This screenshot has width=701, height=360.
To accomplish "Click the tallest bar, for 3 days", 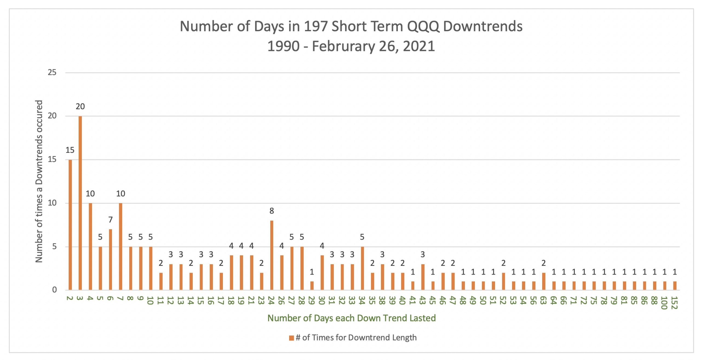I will (80, 203).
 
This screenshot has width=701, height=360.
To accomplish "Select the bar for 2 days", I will (70, 224).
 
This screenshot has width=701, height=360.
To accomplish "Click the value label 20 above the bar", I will (80, 106).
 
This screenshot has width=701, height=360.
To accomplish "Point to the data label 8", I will (271, 211).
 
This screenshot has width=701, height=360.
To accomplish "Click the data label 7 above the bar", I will (110, 220).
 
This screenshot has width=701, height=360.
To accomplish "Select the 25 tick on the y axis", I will (52, 73).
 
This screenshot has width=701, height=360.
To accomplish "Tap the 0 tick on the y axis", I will (54, 290).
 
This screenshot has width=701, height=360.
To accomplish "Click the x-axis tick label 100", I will (664, 303).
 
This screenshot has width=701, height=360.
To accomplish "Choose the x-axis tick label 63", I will (544, 300).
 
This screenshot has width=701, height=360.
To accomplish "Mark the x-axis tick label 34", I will (362, 300).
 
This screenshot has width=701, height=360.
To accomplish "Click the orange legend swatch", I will (291, 338).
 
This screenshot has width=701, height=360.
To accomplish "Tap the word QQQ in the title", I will (423, 27).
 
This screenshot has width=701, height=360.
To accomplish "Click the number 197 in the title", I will (316, 27).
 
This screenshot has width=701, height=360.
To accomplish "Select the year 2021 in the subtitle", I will (419, 46).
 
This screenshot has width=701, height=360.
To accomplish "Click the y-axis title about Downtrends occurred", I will (39, 181).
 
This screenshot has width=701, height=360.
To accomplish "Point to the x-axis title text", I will (351, 318).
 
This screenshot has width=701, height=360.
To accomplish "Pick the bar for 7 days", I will (120, 246).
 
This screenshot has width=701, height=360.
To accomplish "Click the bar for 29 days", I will (312, 286).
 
